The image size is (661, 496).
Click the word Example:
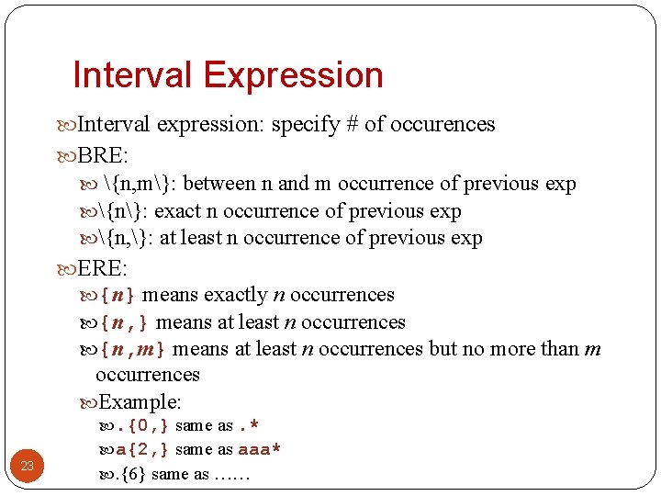pyautogui.click(x=140, y=401)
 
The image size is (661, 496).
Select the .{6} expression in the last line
pyautogui.click(x=131, y=475)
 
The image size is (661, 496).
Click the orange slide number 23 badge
pyautogui.click(x=28, y=467)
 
